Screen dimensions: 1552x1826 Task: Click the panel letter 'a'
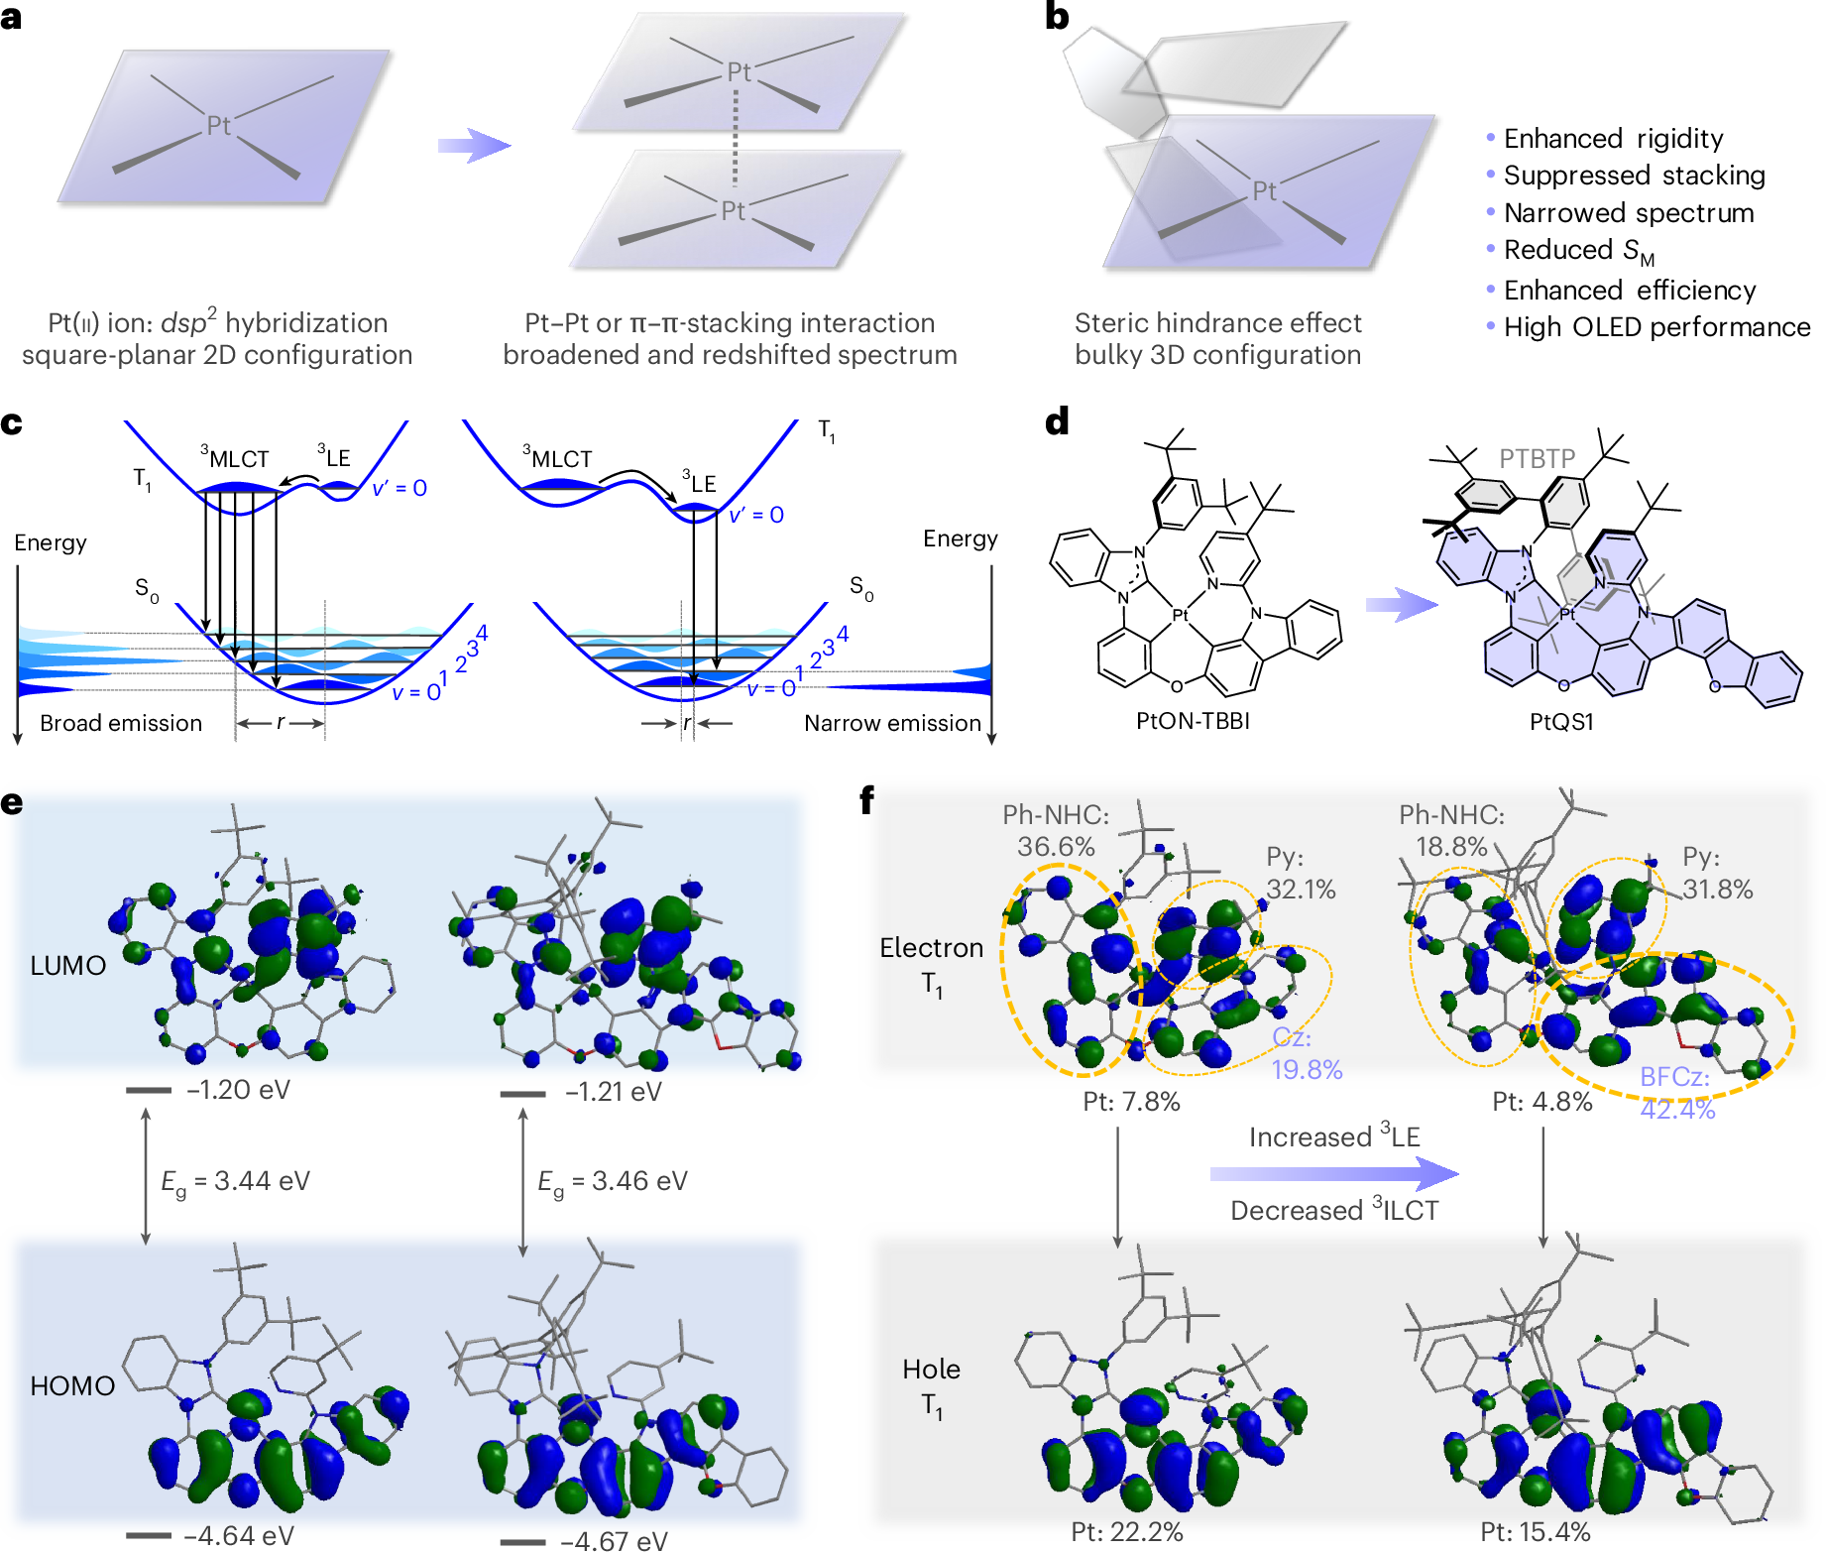tap(12, 17)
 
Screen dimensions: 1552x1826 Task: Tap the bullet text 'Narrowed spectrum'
tap(1628, 213)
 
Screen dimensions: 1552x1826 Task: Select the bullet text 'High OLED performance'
tap(1655, 327)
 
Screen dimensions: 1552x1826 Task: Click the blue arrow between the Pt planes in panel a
tap(473, 146)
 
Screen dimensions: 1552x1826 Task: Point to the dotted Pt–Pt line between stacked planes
tap(735, 140)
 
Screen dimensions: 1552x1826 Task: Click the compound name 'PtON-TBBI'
tap(1193, 721)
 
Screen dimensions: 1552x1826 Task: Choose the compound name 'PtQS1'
tap(1561, 722)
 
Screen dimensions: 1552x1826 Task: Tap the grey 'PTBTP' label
tap(1537, 458)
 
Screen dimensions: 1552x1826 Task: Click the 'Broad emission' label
tap(121, 723)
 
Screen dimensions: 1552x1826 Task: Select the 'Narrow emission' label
tap(892, 723)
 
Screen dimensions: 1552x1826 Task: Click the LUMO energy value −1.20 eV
tap(238, 1090)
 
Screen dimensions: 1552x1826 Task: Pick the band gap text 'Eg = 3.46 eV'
tap(612, 1181)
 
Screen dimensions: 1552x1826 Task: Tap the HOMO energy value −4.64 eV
tap(239, 1535)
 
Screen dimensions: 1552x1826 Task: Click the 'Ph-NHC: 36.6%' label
tap(1056, 831)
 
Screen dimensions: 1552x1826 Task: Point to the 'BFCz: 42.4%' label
tap(1676, 1092)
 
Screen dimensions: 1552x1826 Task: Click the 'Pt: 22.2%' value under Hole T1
tap(1127, 1532)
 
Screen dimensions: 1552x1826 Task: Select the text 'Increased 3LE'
tap(1334, 1136)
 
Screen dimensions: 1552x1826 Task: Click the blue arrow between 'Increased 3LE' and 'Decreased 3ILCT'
tap(1333, 1174)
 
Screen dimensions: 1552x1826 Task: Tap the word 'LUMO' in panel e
tap(67, 965)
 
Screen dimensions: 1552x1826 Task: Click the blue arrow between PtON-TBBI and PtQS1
tap(1401, 604)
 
